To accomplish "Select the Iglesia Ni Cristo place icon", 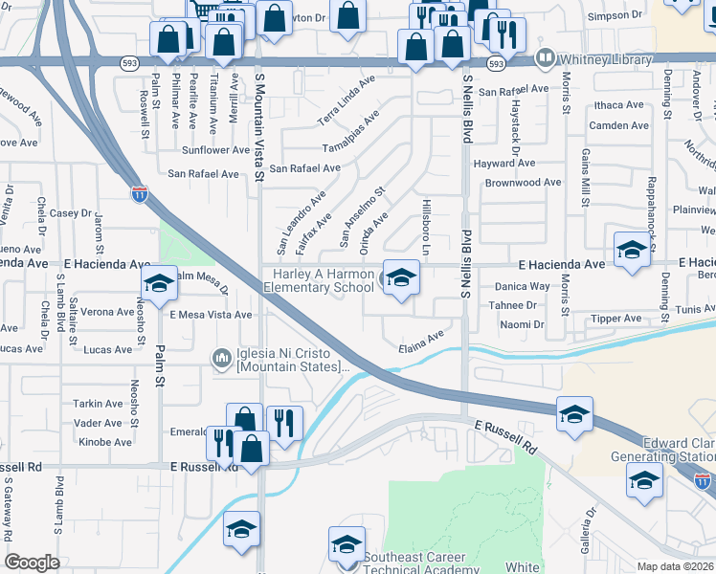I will coord(222,359).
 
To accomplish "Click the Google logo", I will coord(32,563).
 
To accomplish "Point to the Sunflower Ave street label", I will coord(215,150).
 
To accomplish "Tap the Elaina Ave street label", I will coord(422,341).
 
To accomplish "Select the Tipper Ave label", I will coord(616,318).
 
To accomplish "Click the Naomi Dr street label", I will coord(522,325).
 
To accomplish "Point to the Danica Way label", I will coord(523,286).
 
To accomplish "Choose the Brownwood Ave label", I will coord(523,183).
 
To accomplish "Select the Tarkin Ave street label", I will coord(99,404).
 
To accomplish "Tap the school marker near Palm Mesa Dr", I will coord(159,284).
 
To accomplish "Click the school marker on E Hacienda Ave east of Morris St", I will coord(632,252).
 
